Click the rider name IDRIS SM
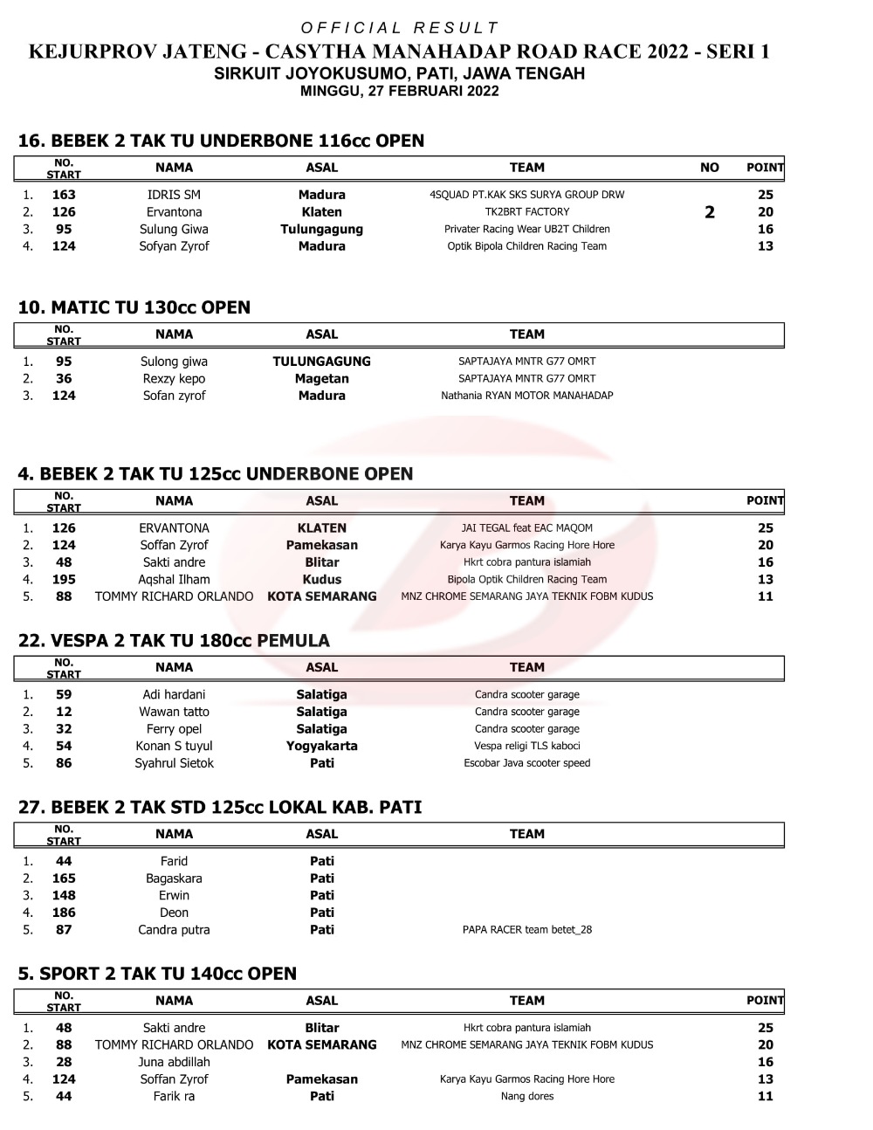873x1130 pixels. [x=174, y=195]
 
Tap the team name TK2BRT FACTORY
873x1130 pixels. [x=526, y=212]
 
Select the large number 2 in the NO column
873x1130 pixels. [x=710, y=212]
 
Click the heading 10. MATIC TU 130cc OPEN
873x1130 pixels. [x=134, y=307]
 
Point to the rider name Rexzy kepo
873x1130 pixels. [x=174, y=379]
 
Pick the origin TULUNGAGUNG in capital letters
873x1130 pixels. [x=321, y=362]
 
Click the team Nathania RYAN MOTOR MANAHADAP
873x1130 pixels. [x=526, y=396]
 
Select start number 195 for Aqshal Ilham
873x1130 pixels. [x=64, y=580]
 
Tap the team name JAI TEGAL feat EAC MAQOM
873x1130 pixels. [x=526, y=528]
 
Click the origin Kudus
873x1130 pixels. [x=321, y=580]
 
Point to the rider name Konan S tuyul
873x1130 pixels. [x=174, y=747]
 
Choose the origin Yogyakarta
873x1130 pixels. [x=321, y=747]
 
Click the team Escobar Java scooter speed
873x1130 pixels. [x=526, y=763]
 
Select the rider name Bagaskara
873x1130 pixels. [x=174, y=879]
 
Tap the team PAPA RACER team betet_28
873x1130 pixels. [x=526, y=930]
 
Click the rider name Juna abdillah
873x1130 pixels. [x=174, y=1063]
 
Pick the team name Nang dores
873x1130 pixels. [x=526, y=1097]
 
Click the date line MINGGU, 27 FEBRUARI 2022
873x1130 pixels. [x=399, y=91]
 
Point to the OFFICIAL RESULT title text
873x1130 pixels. [x=399, y=28]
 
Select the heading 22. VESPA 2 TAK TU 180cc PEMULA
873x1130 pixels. [x=174, y=641]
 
